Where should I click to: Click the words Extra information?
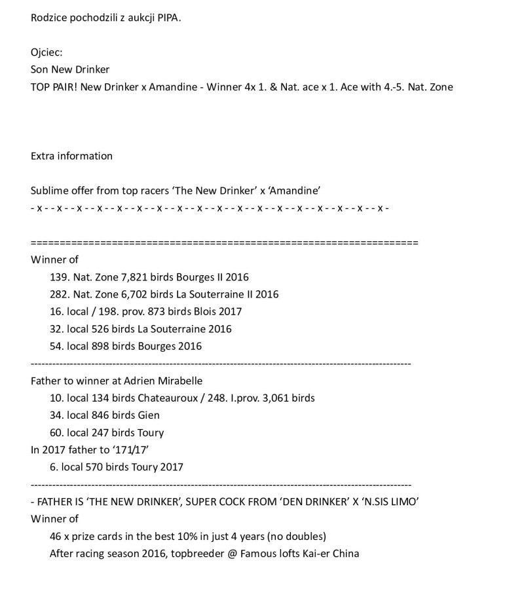tap(71, 156)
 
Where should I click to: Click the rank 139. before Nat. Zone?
tap(60, 277)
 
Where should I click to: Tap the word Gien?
tap(149, 415)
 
